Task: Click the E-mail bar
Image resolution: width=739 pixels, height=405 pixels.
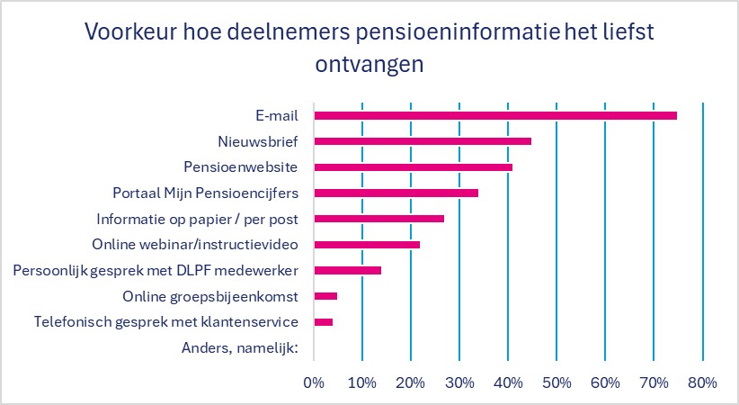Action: pos(494,115)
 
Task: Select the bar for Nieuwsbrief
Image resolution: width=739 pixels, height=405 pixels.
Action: pos(422,141)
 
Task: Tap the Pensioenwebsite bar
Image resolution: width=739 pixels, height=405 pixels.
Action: pos(413,167)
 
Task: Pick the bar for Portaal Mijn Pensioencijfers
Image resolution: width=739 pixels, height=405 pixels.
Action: pos(396,193)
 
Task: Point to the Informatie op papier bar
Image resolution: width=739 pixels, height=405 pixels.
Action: pos(378,219)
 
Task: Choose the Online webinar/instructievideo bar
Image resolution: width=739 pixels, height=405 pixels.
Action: pos(366,244)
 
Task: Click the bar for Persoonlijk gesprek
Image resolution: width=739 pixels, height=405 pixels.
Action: pos(347,270)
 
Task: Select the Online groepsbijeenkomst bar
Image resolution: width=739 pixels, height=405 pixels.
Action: pos(325,295)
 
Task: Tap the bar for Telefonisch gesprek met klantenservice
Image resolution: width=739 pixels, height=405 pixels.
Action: pos(323,321)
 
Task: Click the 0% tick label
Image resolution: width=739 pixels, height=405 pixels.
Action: pos(313,383)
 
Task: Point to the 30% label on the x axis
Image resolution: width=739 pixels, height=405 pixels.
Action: pos(459,383)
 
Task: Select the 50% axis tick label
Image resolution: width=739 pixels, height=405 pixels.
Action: pos(556,383)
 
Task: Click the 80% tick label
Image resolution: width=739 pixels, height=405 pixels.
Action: pos(702,383)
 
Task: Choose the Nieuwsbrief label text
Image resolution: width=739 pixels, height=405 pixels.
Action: pos(259,141)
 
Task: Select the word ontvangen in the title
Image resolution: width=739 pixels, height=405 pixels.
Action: pos(369,65)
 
